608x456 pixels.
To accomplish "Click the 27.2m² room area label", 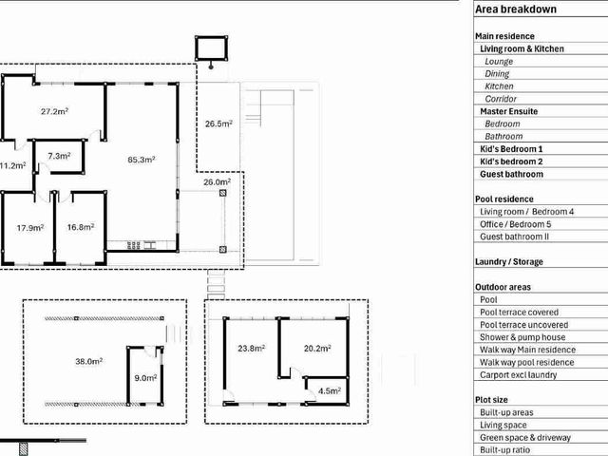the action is click(x=55, y=112).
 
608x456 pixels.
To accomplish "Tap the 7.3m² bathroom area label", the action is click(x=59, y=156).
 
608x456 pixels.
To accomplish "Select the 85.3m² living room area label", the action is click(x=142, y=160).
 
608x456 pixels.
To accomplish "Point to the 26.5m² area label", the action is click(x=218, y=123).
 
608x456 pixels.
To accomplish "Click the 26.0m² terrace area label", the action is click(x=218, y=181).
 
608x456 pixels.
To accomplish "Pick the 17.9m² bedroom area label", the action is click(x=30, y=228).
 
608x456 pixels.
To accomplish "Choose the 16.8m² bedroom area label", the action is click(x=81, y=227).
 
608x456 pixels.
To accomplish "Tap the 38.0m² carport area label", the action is click(x=88, y=361).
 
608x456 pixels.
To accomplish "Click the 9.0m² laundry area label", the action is click(x=145, y=378).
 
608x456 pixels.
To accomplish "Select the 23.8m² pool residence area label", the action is click(x=251, y=349).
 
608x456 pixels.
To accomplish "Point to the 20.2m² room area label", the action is click(x=317, y=349).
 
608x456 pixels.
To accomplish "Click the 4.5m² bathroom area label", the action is click(x=330, y=390).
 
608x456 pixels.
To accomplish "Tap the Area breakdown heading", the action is click(x=516, y=9).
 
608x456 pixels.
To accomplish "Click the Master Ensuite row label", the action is click(x=509, y=111).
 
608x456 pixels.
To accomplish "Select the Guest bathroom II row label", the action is click(x=514, y=237).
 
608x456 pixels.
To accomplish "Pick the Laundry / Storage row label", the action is click(x=509, y=262).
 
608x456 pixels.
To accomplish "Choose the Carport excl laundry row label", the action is click(x=518, y=375).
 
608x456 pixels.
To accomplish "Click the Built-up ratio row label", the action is click(x=504, y=450).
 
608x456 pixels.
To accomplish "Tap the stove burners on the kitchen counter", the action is click(x=133, y=245).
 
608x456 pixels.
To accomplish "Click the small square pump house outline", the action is click(x=211, y=48).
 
